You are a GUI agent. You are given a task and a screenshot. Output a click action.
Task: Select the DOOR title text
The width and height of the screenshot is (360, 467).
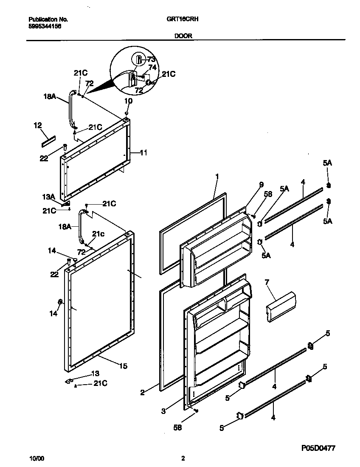pos(183,36)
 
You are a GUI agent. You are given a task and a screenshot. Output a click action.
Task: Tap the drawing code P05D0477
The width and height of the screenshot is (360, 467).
pos(321,448)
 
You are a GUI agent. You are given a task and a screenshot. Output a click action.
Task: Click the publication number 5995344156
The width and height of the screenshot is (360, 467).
pos(45,25)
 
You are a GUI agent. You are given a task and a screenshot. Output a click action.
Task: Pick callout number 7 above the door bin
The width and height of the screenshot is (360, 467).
pos(267,282)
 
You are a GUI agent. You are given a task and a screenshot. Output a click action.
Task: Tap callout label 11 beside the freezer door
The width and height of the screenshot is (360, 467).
pos(143,152)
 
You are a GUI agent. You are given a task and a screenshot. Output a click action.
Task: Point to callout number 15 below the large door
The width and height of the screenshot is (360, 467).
pos(123,366)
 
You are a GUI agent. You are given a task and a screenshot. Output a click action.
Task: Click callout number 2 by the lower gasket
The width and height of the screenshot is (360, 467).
pos(142,393)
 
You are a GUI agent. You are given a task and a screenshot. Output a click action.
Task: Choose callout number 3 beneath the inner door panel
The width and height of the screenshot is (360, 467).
pos(163,411)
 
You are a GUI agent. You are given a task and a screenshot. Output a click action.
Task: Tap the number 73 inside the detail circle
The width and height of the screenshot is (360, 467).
pos(152,59)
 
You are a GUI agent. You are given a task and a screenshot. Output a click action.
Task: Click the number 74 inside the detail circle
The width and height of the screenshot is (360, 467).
pos(152,67)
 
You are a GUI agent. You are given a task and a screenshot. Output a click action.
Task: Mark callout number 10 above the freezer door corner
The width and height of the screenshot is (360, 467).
pos(128,101)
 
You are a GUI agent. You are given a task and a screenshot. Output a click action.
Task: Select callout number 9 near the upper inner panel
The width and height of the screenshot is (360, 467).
pos(262,185)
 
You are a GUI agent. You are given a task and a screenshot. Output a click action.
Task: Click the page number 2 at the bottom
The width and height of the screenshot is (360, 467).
pos(183,459)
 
